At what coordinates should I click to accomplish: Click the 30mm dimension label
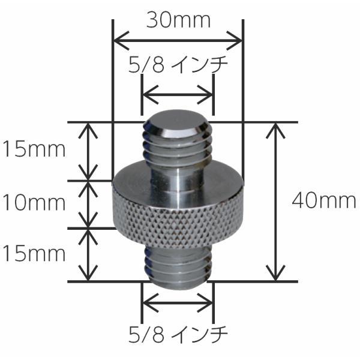178,20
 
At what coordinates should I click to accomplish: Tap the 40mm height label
324,200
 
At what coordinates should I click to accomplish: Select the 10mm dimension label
34,203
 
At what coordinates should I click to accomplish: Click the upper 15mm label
34,149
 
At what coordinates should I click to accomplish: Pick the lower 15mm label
34,253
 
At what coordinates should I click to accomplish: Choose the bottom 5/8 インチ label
178,334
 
